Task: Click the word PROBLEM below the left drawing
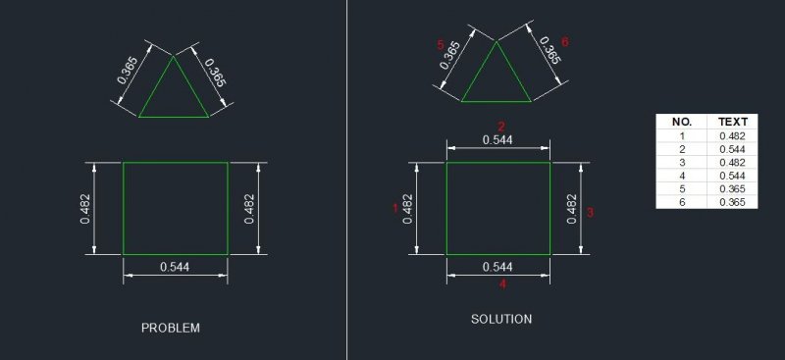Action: click(171, 328)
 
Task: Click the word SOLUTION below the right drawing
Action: click(501, 319)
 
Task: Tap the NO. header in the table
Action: click(681, 122)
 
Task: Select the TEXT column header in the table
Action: click(732, 122)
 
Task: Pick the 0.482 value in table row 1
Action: click(732, 135)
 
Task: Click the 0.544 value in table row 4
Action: click(732, 176)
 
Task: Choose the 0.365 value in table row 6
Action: click(732, 202)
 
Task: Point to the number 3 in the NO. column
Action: click(681, 162)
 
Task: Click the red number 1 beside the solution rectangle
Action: click(395, 208)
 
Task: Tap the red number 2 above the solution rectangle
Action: click(501, 127)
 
